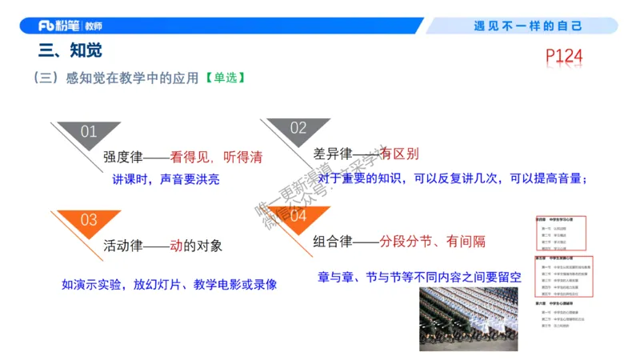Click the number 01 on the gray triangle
(88, 132)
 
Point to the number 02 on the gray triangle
(298, 128)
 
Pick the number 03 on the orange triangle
(88, 220)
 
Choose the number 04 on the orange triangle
(298, 216)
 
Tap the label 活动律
(122, 246)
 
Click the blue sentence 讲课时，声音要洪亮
(166, 179)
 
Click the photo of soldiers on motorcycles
(469, 318)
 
